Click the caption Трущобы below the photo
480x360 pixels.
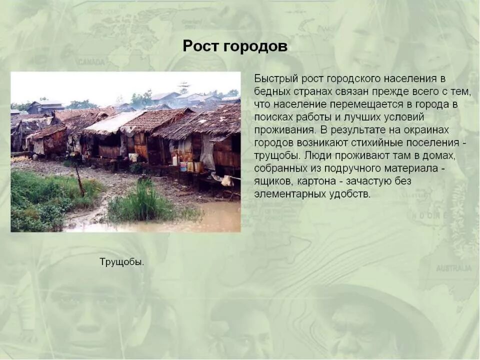(x=121, y=262)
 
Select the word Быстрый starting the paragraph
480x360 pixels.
(x=276, y=79)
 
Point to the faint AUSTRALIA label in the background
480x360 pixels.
(x=454, y=268)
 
